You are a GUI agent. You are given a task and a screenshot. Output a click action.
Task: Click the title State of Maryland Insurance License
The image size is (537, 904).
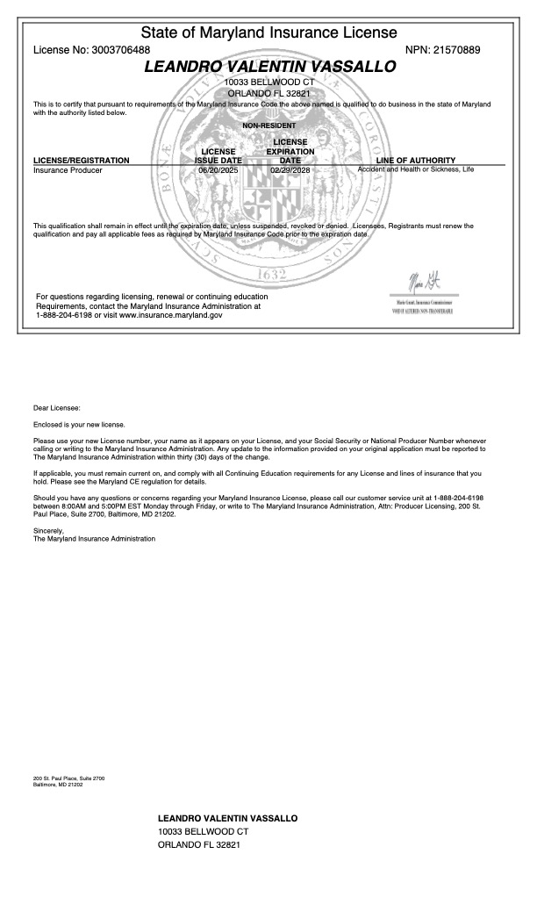click(268, 33)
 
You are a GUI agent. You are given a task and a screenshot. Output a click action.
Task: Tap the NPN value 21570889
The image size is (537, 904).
click(457, 50)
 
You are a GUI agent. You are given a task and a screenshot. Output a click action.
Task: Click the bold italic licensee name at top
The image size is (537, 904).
click(269, 67)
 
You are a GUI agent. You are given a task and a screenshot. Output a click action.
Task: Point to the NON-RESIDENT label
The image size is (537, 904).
click(268, 126)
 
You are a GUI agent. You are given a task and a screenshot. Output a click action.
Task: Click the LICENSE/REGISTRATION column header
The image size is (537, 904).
click(81, 161)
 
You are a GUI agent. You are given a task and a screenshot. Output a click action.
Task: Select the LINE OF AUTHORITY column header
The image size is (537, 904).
click(415, 161)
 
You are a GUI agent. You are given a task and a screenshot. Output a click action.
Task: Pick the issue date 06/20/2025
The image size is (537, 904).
click(219, 170)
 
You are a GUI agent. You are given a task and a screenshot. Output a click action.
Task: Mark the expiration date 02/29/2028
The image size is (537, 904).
click(290, 170)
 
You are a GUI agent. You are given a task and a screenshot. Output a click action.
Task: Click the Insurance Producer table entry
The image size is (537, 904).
click(68, 170)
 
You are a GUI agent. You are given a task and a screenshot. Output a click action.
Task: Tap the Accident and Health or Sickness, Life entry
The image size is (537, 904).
click(415, 169)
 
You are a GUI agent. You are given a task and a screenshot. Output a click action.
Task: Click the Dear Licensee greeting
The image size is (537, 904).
click(56, 408)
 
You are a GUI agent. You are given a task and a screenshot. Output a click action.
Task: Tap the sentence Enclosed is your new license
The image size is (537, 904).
click(79, 424)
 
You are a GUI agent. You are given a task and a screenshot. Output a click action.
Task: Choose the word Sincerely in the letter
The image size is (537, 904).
click(48, 531)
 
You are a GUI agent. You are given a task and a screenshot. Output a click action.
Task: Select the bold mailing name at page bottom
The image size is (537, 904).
click(227, 818)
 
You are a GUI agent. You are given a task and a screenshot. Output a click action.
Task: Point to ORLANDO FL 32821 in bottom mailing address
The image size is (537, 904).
click(198, 844)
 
